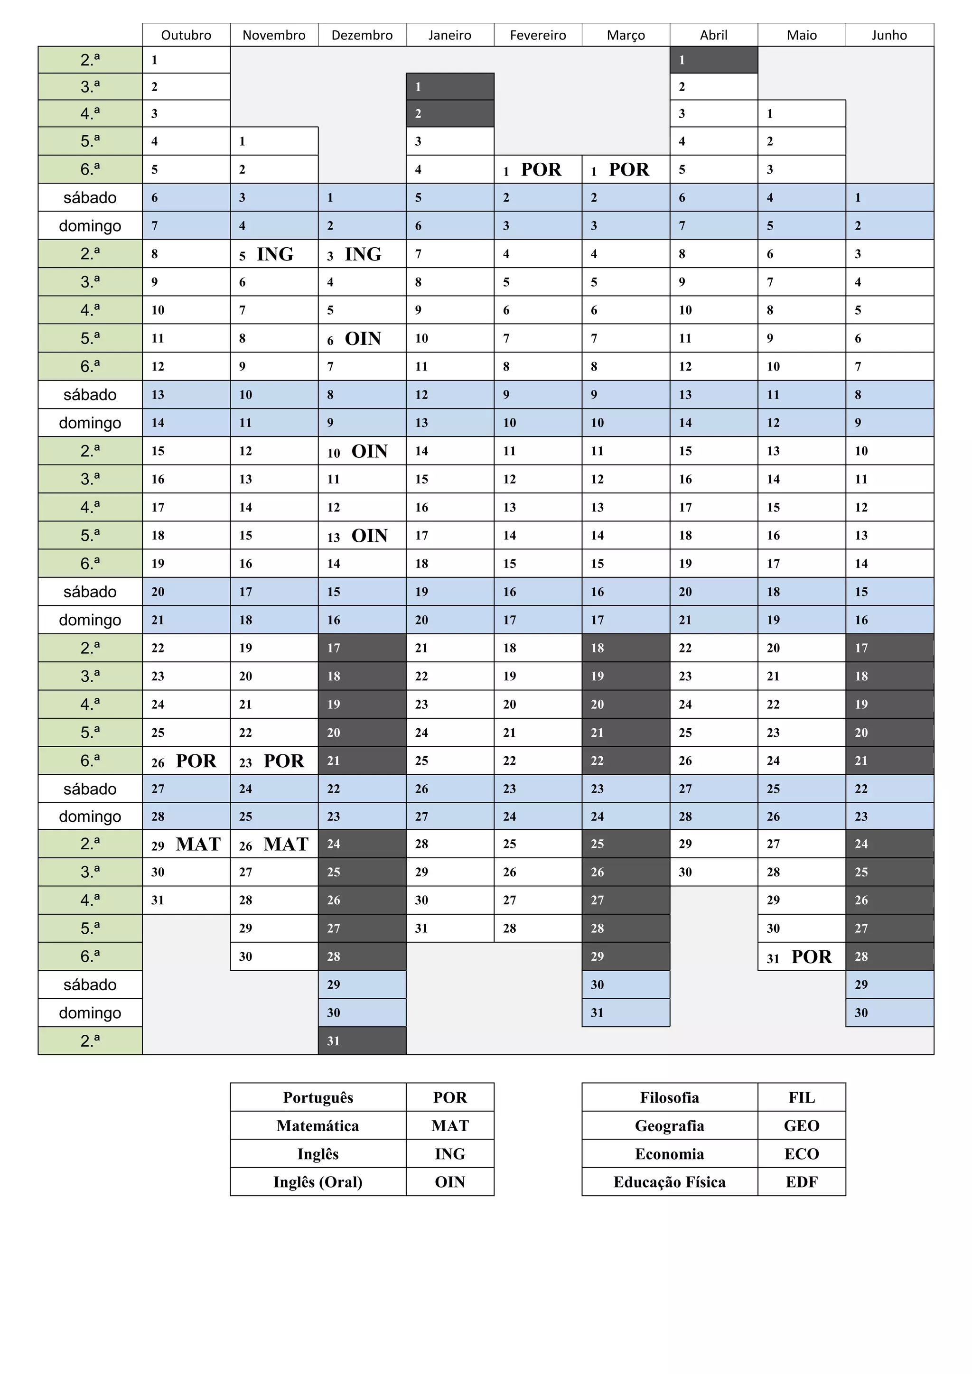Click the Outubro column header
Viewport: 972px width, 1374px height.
click(186, 35)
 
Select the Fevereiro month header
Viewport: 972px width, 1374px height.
click(537, 35)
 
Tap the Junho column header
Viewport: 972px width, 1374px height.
click(889, 35)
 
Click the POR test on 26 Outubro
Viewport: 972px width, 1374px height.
click(196, 761)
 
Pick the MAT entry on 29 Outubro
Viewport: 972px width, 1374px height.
click(198, 844)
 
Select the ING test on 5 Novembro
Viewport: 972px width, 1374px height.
click(275, 254)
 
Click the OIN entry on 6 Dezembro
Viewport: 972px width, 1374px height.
click(363, 339)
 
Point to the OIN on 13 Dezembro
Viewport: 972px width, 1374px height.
click(369, 536)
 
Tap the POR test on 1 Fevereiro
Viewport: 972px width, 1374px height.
click(541, 170)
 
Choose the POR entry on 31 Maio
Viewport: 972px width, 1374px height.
click(811, 957)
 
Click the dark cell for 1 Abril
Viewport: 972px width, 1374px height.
click(713, 60)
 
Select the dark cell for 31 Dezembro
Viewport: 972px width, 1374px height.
click(362, 1040)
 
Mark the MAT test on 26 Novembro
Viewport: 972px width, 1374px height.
click(286, 844)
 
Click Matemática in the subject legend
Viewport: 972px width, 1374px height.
click(318, 1126)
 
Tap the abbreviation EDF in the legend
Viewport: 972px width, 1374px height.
click(802, 1182)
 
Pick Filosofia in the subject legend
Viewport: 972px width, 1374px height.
click(669, 1097)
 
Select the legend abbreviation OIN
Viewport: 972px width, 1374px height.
click(449, 1182)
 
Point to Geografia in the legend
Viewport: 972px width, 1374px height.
click(669, 1126)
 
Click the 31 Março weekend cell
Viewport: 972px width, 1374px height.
click(626, 1012)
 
